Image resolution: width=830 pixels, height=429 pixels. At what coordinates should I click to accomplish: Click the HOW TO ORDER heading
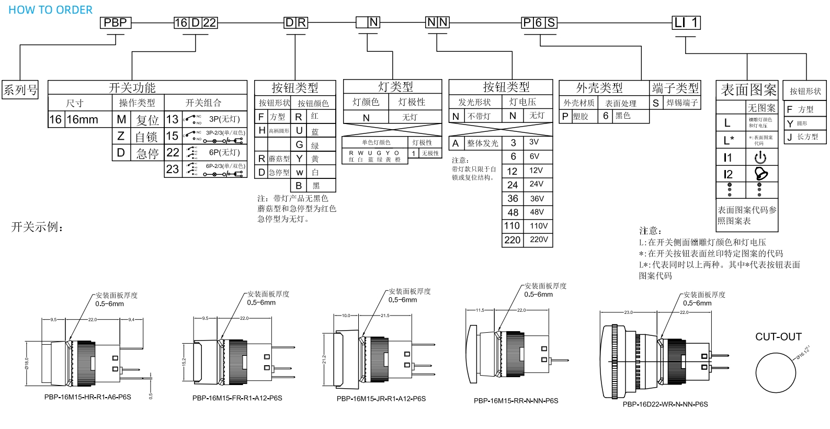(50, 10)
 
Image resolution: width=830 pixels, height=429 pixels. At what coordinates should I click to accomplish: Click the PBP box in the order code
(115, 22)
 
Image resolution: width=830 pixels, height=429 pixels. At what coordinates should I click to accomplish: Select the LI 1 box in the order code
(686, 22)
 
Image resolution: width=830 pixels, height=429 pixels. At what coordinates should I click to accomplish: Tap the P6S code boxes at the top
(539, 22)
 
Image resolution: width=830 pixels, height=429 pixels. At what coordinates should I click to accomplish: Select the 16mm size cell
(82, 119)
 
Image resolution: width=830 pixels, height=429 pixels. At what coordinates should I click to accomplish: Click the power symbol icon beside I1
(760, 157)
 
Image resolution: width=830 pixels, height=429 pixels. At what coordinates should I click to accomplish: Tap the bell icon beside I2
(761, 174)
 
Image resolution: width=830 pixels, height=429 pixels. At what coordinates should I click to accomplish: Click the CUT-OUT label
(778, 336)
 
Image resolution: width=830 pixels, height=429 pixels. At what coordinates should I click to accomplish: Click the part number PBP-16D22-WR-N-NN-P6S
(665, 404)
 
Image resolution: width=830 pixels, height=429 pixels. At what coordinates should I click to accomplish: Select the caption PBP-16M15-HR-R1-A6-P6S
(88, 397)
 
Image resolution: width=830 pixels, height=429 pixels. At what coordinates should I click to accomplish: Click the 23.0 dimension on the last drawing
(628, 312)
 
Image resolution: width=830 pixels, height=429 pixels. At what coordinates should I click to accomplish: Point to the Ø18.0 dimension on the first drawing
(27, 363)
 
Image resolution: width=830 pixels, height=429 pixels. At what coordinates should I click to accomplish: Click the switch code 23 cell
(173, 169)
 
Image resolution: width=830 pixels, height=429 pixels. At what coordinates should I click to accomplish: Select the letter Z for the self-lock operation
(121, 136)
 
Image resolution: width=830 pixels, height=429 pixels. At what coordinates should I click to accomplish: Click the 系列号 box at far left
(20, 89)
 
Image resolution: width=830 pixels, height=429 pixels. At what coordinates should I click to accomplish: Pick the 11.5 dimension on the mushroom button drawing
(480, 310)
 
